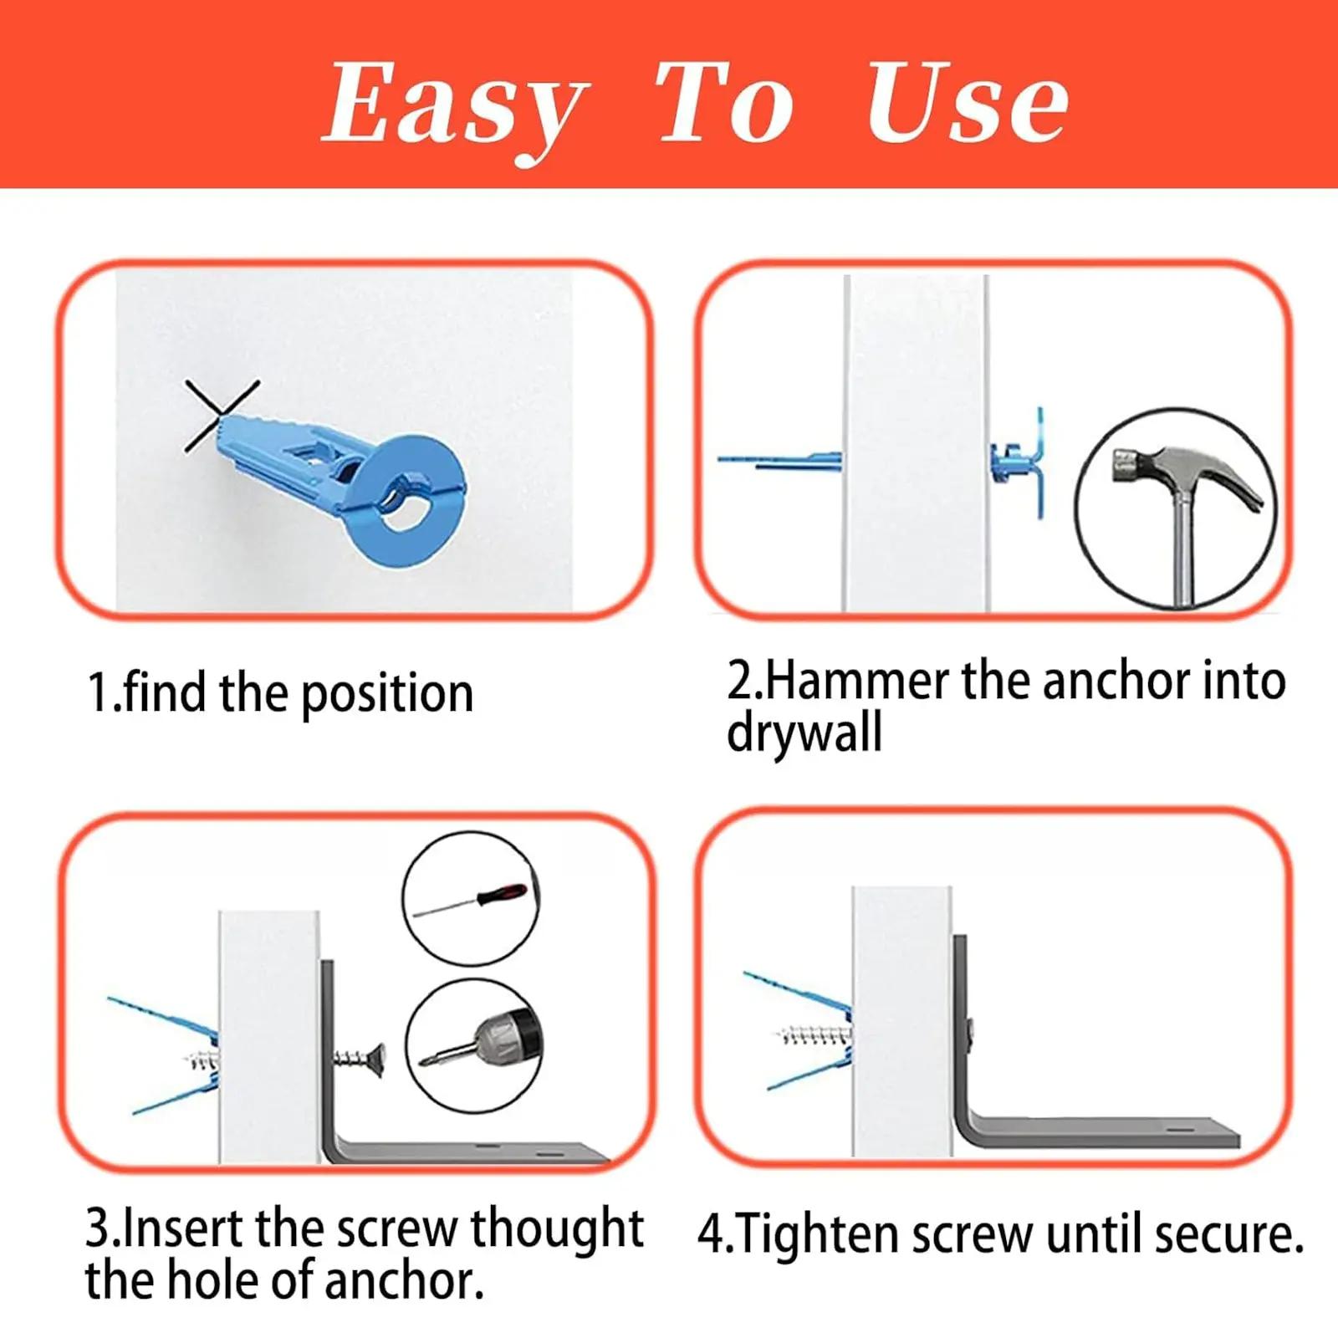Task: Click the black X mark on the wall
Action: click(x=220, y=415)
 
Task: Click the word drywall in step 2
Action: click(x=804, y=733)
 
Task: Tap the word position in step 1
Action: click(x=386, y=695)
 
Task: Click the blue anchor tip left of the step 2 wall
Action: click(x=778, y=460)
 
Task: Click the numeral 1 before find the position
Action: click(x=98, y=693)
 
